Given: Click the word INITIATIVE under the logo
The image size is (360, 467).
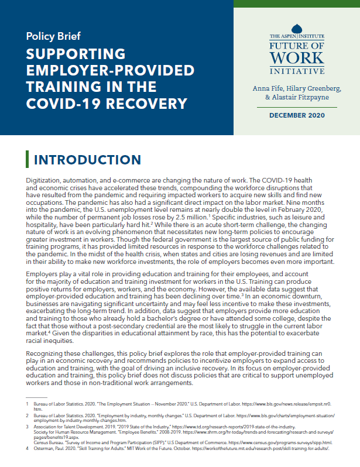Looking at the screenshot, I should pyautogui.click(x=296, y=71).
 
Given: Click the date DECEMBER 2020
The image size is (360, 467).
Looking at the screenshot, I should pyautogui.click(x=296, y=115).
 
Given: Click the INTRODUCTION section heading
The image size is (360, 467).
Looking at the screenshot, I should pyautogui.click(x=87, y=160).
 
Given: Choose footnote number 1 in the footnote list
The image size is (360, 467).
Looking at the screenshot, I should pyautogui.click(x=27, y=404).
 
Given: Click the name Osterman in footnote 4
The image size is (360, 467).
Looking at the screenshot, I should pyautogui.click(x=47, y=448).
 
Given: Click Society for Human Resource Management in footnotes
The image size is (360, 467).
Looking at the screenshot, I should pyautogui.click(x=81, y=432).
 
